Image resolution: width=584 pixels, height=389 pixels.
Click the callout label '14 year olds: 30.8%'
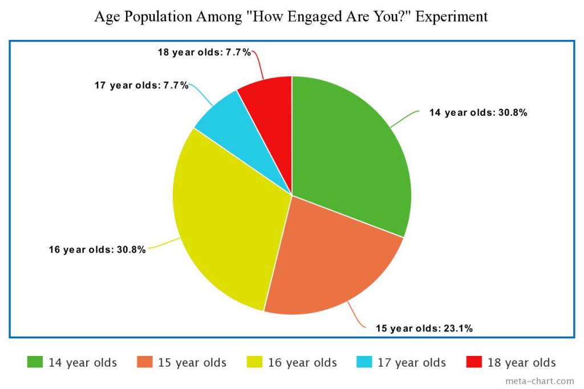[478, 112]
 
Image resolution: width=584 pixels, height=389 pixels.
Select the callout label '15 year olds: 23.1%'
[424, 328]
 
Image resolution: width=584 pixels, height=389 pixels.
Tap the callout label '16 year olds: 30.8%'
[97, 249]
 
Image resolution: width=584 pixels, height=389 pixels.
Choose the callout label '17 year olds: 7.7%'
[141, 86]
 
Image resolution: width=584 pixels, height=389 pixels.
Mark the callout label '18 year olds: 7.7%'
[204, 52]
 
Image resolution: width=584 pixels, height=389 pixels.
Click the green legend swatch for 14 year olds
[35, 362]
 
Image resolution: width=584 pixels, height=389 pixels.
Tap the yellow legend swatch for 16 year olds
[255, 362]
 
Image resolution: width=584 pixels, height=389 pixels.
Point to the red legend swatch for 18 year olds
[474, 362]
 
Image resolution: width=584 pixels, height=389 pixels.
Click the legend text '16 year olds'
[302, 363]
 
